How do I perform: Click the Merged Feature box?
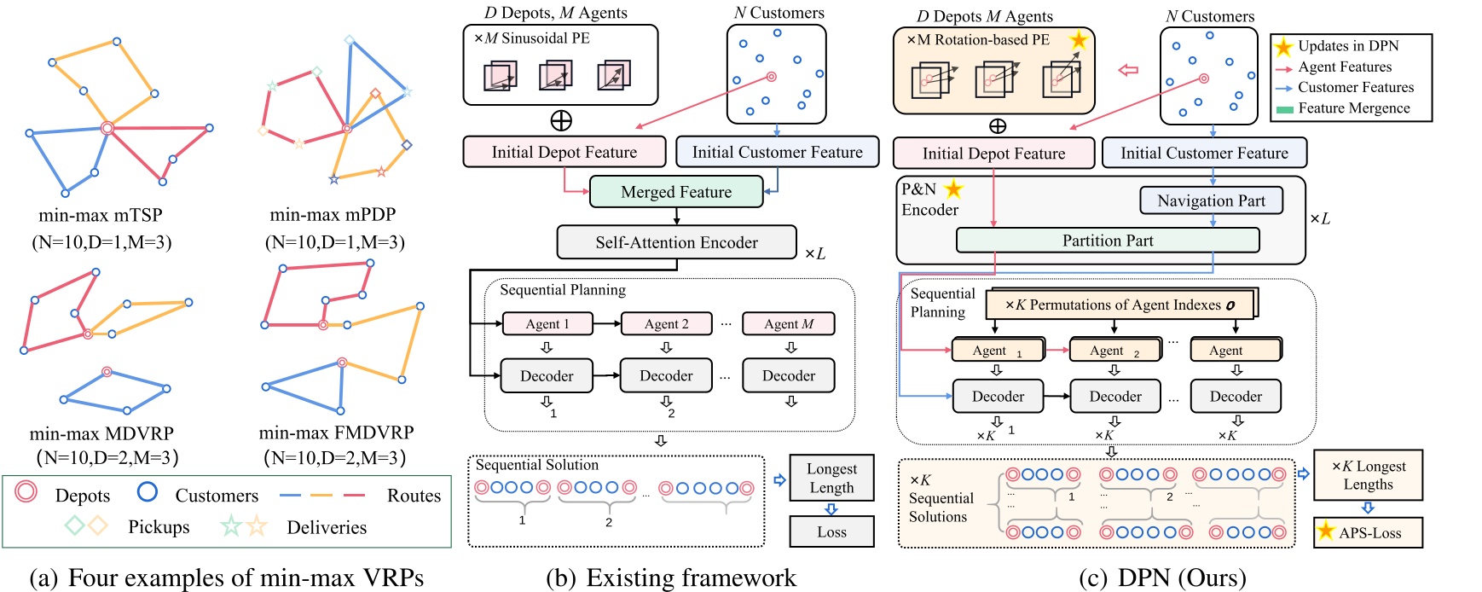click(x=675, y=192)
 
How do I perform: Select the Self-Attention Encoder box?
click(x=676, y=242)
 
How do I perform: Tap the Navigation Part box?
click(x=1211, y=200)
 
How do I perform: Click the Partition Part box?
click(x=1107, y=241)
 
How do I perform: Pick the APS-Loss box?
click(x=1368, y=532)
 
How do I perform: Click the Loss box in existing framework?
click(x=831, y=531)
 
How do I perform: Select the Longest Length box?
click(x=831, y=478)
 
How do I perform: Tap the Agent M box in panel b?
click(x=788, y=324)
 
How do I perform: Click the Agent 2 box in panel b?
click(x=666, y=324)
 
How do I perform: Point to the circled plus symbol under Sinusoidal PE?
click(x=561, y=120)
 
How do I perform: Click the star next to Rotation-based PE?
click(x=1078, y=40)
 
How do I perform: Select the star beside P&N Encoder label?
click(x=953, y=189)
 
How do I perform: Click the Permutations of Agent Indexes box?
click(x=1120, y=305)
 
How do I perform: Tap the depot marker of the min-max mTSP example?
click(x=107, y=128)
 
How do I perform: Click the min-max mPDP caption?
click(x=333, y=214)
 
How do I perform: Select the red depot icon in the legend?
click(x=26, y=491)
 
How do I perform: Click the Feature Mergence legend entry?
click(x=1353, y=108)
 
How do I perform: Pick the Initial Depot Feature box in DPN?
click(x=993, y=154)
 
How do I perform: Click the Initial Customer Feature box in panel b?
click(x=777, y=152)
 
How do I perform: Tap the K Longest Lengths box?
click(x=1368, y=475)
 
